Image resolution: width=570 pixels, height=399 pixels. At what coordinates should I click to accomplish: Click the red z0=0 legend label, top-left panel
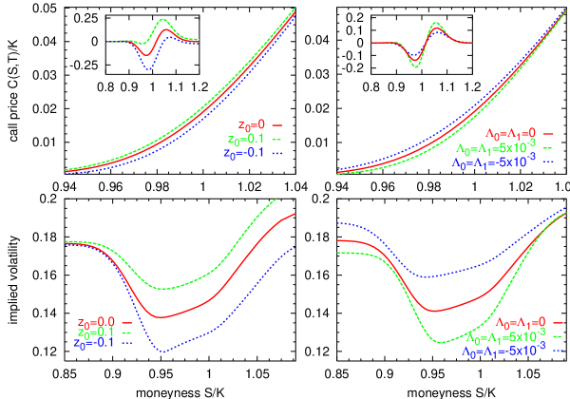(253, 123)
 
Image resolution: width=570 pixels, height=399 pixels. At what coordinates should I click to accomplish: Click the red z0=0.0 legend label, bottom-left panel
(96, 322)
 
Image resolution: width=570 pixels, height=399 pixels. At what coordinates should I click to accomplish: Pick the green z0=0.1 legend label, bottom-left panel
(96, 332)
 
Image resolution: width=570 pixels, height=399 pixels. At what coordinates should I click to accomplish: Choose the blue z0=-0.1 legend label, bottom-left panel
(95, 343)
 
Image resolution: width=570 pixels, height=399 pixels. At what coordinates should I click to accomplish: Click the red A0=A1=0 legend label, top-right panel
(511, 134)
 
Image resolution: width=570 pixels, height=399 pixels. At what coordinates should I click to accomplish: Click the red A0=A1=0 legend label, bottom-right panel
(522, 324)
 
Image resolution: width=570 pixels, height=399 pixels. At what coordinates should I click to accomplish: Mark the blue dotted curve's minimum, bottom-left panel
(161, 352)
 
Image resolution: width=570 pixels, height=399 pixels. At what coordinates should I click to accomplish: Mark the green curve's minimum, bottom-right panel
(440, 342)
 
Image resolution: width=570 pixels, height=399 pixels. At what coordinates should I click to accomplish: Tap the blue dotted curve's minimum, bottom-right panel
(427, 277)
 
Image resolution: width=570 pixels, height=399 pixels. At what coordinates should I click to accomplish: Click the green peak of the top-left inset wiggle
(163, 19)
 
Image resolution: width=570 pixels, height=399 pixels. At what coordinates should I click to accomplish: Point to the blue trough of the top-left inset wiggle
(147, 69)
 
